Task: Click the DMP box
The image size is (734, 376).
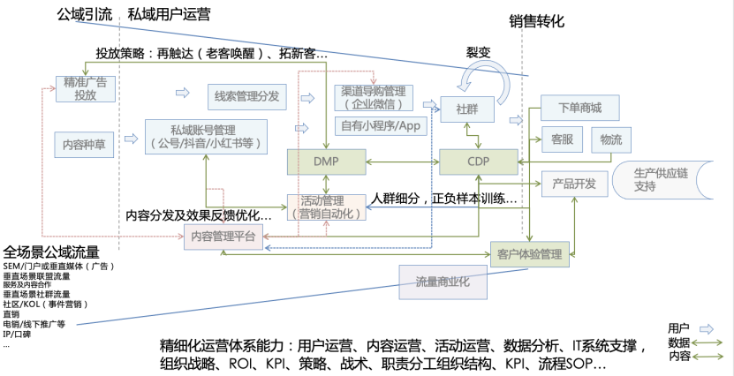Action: coord(326,162)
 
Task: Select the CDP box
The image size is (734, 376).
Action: coord(478,162)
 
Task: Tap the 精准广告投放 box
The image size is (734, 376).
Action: coord(86,88)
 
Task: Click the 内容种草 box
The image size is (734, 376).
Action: coord(86,142)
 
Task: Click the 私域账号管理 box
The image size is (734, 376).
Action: coord(208,136)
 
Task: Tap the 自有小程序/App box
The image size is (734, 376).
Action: coord(380,125)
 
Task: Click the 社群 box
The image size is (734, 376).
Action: coord(468,110)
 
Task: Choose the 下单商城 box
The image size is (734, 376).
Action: coord(579,108)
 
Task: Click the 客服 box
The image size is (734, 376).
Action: coord(562,139)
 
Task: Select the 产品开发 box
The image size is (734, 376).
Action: coord(574,184)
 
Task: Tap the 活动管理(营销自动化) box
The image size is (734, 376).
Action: coord(326,206)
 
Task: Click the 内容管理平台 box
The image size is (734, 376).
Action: coord(225,236)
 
